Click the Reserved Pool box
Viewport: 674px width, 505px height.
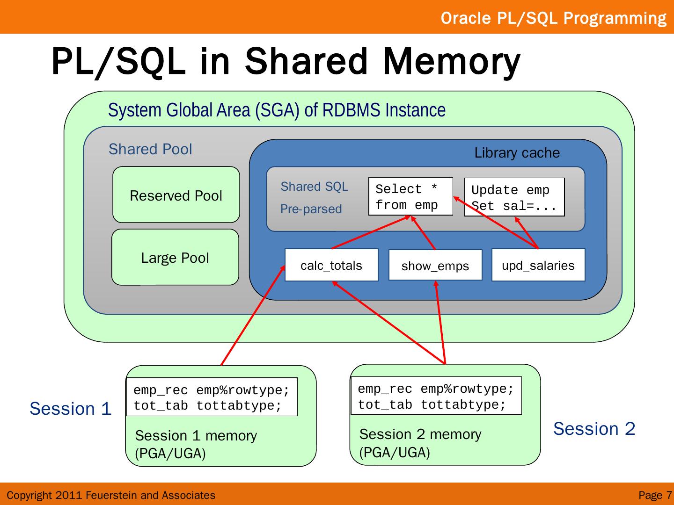(x=176, y=195)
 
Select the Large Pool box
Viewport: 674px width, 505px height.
(x=175, y=258)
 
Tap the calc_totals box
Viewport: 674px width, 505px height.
(x=331, y=265)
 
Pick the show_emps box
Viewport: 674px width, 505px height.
(x=435, y=266)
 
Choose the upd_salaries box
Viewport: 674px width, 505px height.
(x=538, y=265)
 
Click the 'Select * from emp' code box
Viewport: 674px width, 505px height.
(x=410, y=196)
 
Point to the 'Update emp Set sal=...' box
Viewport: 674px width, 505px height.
(x=514, y=197)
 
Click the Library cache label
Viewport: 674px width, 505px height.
(x=517, y=153)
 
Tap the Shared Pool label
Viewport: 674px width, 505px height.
(x=150, y=149)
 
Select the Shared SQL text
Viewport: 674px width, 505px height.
(x=314, y=187)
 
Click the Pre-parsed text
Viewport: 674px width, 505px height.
(x=311, y=209)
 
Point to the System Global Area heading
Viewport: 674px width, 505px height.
(x=277, y=110)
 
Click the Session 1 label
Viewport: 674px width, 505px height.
(x=70, y=409)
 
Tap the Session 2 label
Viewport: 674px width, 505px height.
(x=594, y=429)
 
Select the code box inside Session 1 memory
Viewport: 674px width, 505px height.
(x=212, y=397)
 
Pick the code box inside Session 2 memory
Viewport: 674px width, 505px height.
(x=436, y=396)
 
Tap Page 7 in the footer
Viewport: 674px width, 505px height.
(x=655, y=495)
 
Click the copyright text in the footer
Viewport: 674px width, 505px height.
(x=111, y=495)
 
